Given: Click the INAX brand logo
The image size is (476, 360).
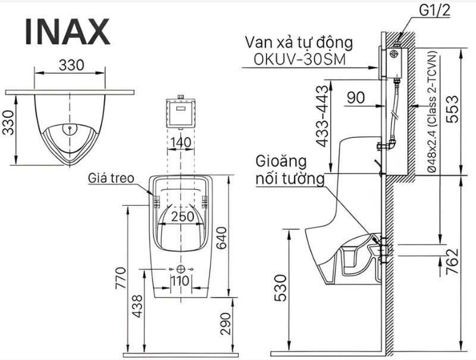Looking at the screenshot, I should point(67,32).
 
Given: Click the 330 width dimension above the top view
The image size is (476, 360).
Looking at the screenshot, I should point(70,65).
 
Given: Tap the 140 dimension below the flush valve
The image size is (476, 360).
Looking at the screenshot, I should point(180,142).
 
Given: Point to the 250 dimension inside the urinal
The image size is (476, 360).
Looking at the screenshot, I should point(183,217).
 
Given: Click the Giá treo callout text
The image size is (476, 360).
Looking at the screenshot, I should point(111,178).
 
